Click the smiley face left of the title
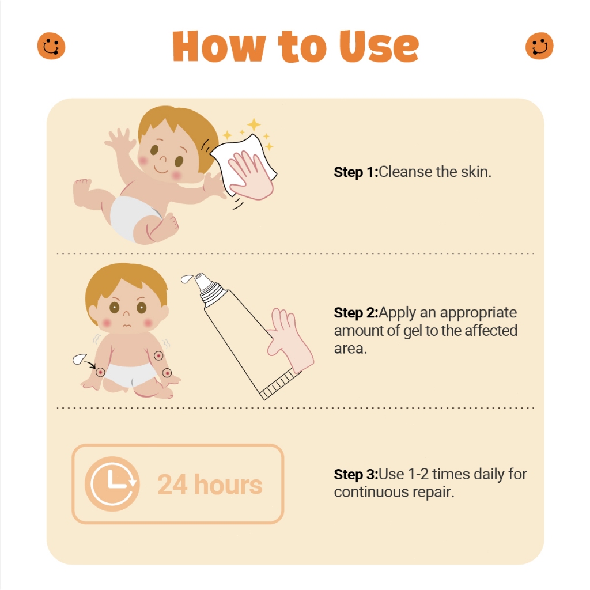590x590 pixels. coord(51,46)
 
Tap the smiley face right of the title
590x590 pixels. coord(539,46)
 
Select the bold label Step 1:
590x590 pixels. coord(356,172)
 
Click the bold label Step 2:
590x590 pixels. coord(356,313)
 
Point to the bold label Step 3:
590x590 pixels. coord(356,475)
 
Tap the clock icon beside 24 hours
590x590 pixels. coord(112,484)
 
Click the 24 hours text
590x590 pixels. coord(210,485)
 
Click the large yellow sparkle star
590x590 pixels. coord(253,125)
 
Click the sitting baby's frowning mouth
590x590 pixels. coord(128,326)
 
